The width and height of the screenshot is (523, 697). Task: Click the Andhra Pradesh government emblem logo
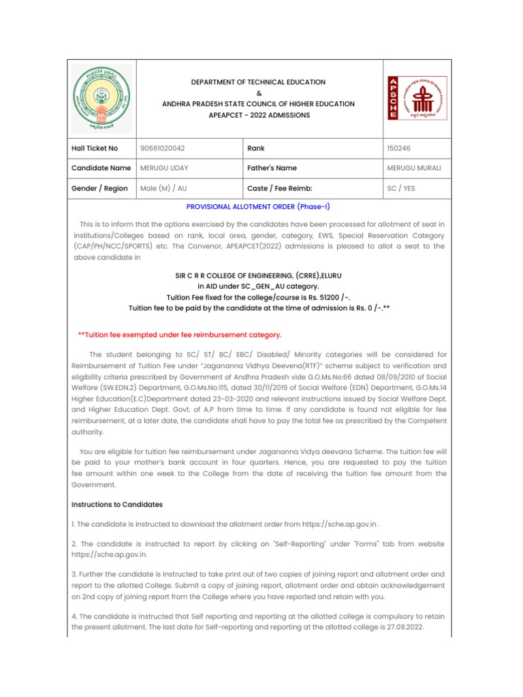[x=101, y=98]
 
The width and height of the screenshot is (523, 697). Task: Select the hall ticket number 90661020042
[x=162, y=148]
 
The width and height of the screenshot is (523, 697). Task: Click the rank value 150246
[x=398, y=148]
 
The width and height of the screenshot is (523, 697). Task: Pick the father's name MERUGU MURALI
[x=413, y=167]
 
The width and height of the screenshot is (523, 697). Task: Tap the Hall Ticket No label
[x=95, y=148]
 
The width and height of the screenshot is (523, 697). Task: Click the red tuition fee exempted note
[x=180, y=334]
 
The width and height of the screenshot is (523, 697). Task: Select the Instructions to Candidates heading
[x=116, y=504]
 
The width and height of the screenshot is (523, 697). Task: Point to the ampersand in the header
[x=258, y=93]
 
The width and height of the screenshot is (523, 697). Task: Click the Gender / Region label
[x=99, y=189]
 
